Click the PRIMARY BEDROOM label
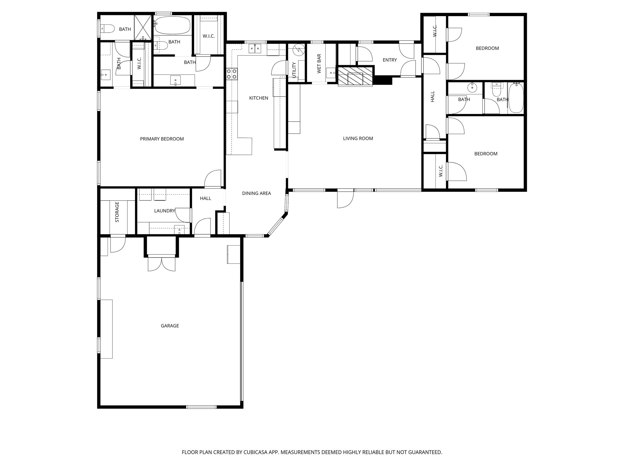(162, 139)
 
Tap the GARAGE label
(170, 326)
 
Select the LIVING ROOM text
(358, 138)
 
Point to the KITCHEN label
(259, 98)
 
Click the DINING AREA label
(256, 193)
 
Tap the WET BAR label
(319, 64)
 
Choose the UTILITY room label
(294, 70)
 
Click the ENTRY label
(390, 60)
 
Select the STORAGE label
(117, 212)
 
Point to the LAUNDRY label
(165, 211)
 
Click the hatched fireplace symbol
(355, 76)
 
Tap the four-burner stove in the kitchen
(232, 74)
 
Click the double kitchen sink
(255, 48)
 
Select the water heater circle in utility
(299, 50)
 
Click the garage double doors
(161, 264)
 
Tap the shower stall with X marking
(143, 27)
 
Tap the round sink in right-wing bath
(472, 88)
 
